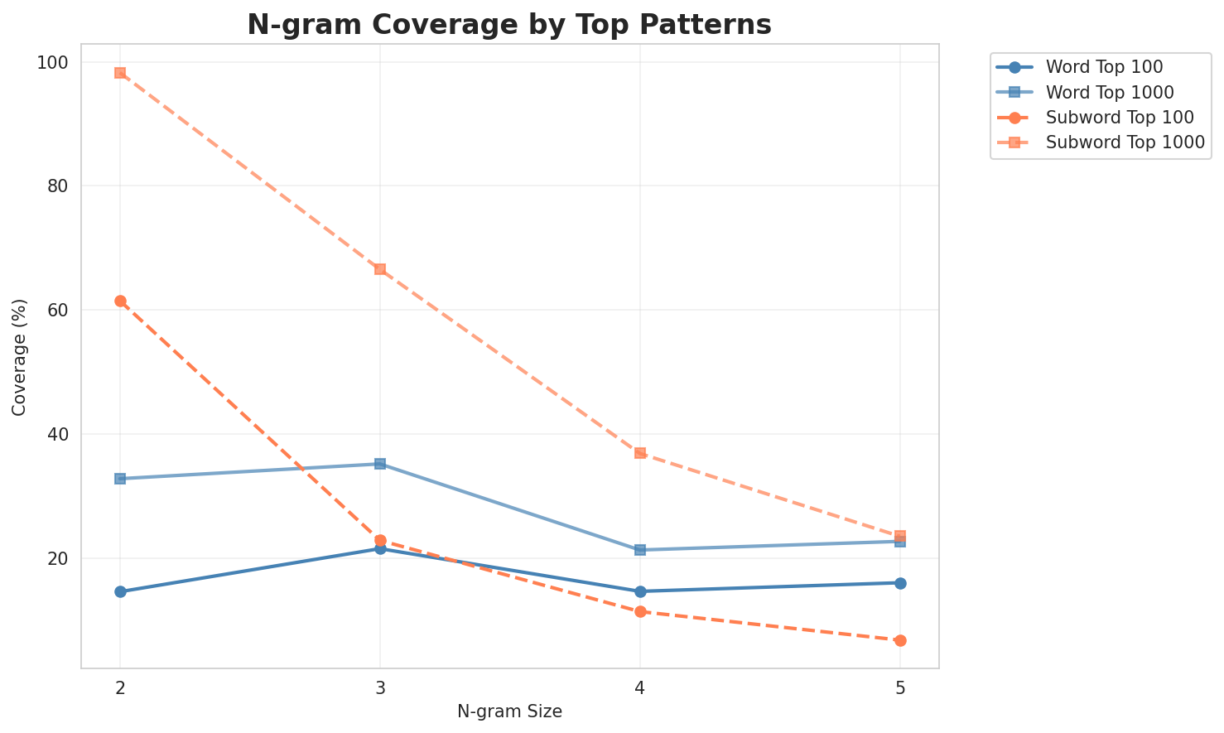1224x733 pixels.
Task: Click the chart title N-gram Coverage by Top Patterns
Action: (x=509, y=25)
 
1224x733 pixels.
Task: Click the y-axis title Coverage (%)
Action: (x=19, y=357)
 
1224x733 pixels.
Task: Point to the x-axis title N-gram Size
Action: (x=509, y=711)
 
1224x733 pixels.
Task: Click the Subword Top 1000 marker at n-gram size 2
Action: (x=120, y=73)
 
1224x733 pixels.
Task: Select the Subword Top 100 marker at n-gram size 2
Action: (x=120, y=301)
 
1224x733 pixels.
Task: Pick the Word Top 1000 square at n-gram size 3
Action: (x=380, y=464)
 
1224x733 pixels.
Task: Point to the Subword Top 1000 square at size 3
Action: (x=380, y=269)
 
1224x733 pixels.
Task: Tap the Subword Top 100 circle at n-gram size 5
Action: (x=900, y=640)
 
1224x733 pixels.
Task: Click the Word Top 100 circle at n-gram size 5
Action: (x=900, y=583)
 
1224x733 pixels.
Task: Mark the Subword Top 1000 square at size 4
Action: (x=640, y=453)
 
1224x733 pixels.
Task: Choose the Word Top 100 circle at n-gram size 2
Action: (x=120, y=591)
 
